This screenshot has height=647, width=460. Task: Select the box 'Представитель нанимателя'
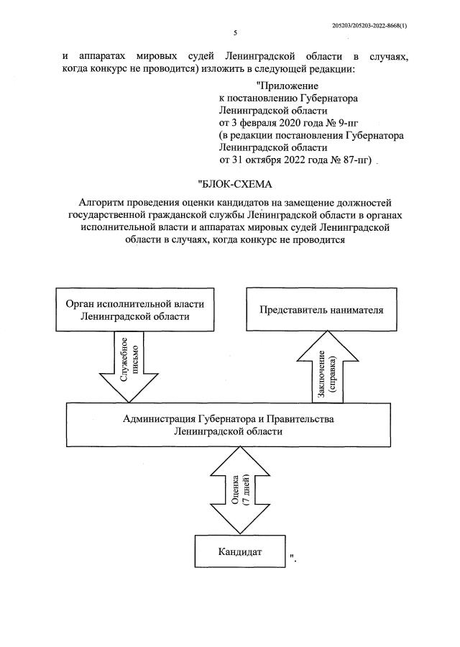coord(321,310)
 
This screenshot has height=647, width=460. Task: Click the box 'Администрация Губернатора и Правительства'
coord(228,425)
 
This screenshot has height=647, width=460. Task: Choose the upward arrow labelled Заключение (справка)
coord(327,367)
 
